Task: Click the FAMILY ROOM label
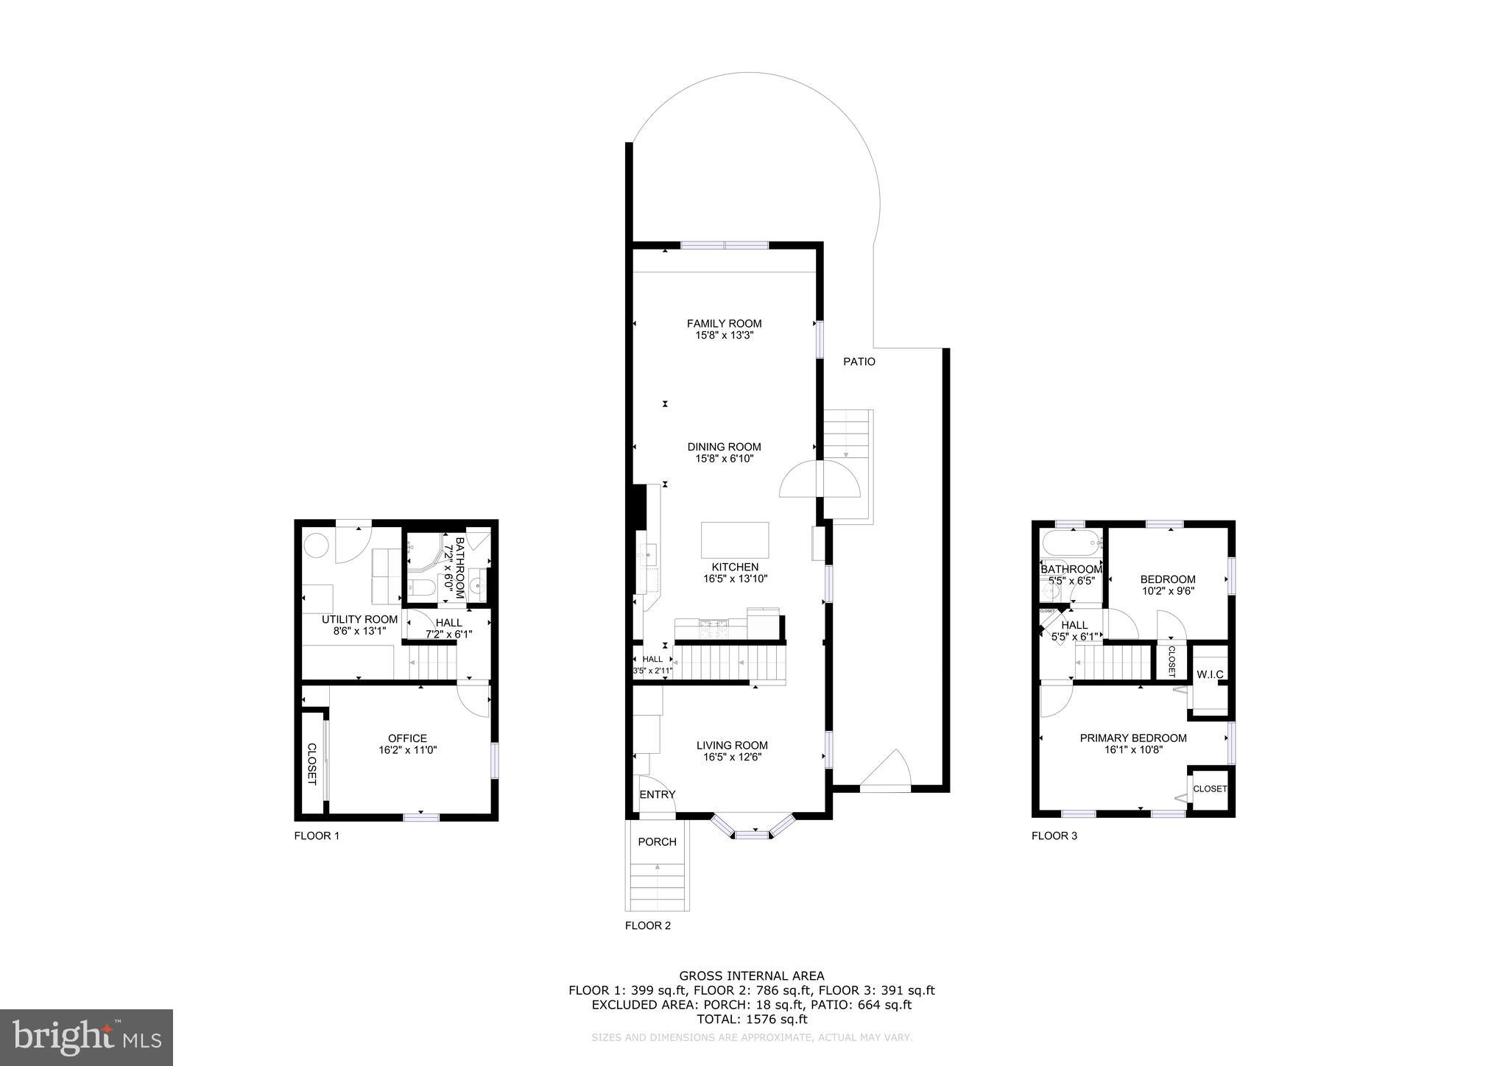click(x=724, y=323)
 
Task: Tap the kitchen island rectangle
click(x=734, y=540)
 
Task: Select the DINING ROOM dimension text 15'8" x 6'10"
click(x=724, y=459)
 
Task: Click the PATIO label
click(x=859, y=361)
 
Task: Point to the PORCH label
click(x=657, y=841)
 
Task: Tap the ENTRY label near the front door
click(x=657, y=794)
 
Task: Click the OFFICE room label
click(x=407, y=738)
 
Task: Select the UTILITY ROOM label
click(x=359, y=619)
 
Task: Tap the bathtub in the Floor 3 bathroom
click(x=1070, y=544)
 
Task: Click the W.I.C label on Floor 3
click(x=1210, y=674)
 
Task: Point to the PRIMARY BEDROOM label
click(x=1133, y=738)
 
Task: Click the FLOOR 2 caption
click(x=648, y=925)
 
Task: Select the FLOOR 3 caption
click(x=1054, y=836)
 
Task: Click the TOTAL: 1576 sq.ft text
click(x=752, y=1020)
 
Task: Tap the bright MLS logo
click(x=86, y=1037)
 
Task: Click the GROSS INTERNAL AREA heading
click(x=752, y=976)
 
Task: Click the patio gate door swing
click(x=887, y=773)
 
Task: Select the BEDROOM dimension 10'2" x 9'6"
click(x=1168, y=590)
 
